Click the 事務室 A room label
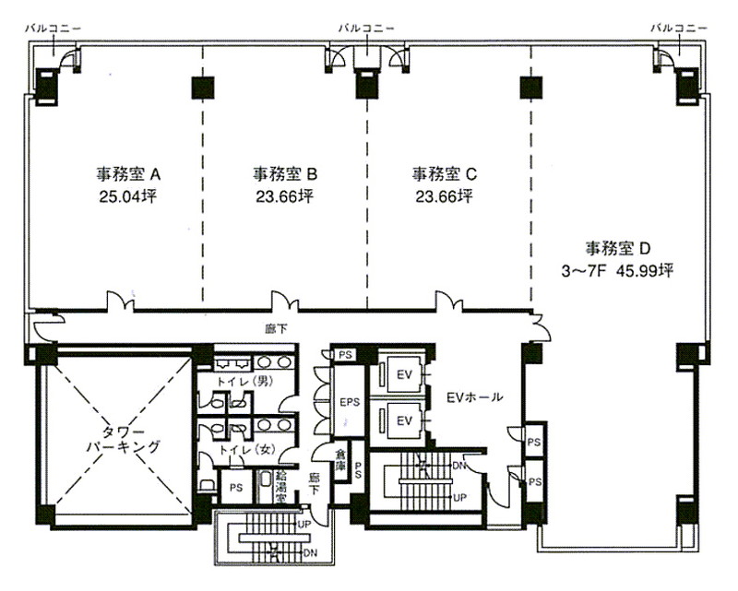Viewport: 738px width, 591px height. pyautogui.click(x=128, y=174)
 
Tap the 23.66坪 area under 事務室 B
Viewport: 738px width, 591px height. pyautogui.click(x=285, y=196)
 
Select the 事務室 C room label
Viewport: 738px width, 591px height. pyautogui.click(x=445, y=174)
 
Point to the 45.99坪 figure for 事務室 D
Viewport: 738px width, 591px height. pyautogui.click(x=645, y=271)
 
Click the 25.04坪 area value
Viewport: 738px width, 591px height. pyautogui.click(x=127, y=196)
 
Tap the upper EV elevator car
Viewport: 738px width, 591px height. pyautogui.click(x=404, y=374)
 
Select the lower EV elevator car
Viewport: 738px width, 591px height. pyautogui.click(x=404, y=420)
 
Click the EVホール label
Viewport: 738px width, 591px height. pyautogui.click(x=474, y=397)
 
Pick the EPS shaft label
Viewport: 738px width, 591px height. pyautogui.click(x=350, y=402)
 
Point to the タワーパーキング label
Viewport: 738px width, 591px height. pyautogui.click(x=124, y=440)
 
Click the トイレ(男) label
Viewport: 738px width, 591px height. pyautogui.click(x=244, y=382)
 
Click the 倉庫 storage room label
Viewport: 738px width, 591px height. pyautogui.click(x=340, y=460)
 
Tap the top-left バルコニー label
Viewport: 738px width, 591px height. pyautogui.click(x=53, y=29)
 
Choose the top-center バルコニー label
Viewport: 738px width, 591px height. pyautogui.click(x=366, y=29)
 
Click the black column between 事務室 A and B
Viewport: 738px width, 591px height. pyautogui.click(x=203, y=88)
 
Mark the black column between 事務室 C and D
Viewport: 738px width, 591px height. pyautogui.click(x=531, y=88)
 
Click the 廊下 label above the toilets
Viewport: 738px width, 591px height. pyautogui.click(x=276, y=329)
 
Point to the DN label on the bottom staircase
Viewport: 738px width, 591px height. pyautogui.click(x=310, y=553)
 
